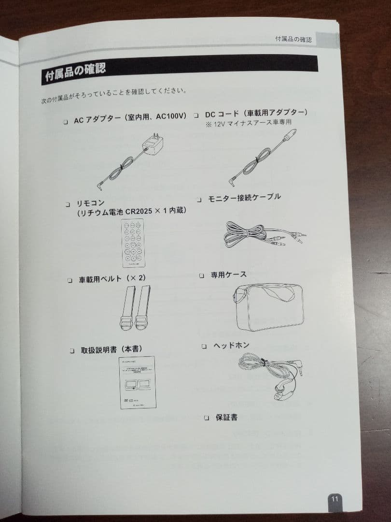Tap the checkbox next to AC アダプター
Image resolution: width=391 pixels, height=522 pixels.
click(66, 122)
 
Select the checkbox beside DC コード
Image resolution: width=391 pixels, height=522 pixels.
click(196, 116)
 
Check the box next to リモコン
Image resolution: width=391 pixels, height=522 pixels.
click(68, 204)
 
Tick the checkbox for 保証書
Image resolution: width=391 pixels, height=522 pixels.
click(207, 418)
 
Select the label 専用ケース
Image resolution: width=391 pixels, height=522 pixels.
click(228, 275)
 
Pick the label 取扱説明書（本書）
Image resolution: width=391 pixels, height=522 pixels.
click(111, 349)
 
